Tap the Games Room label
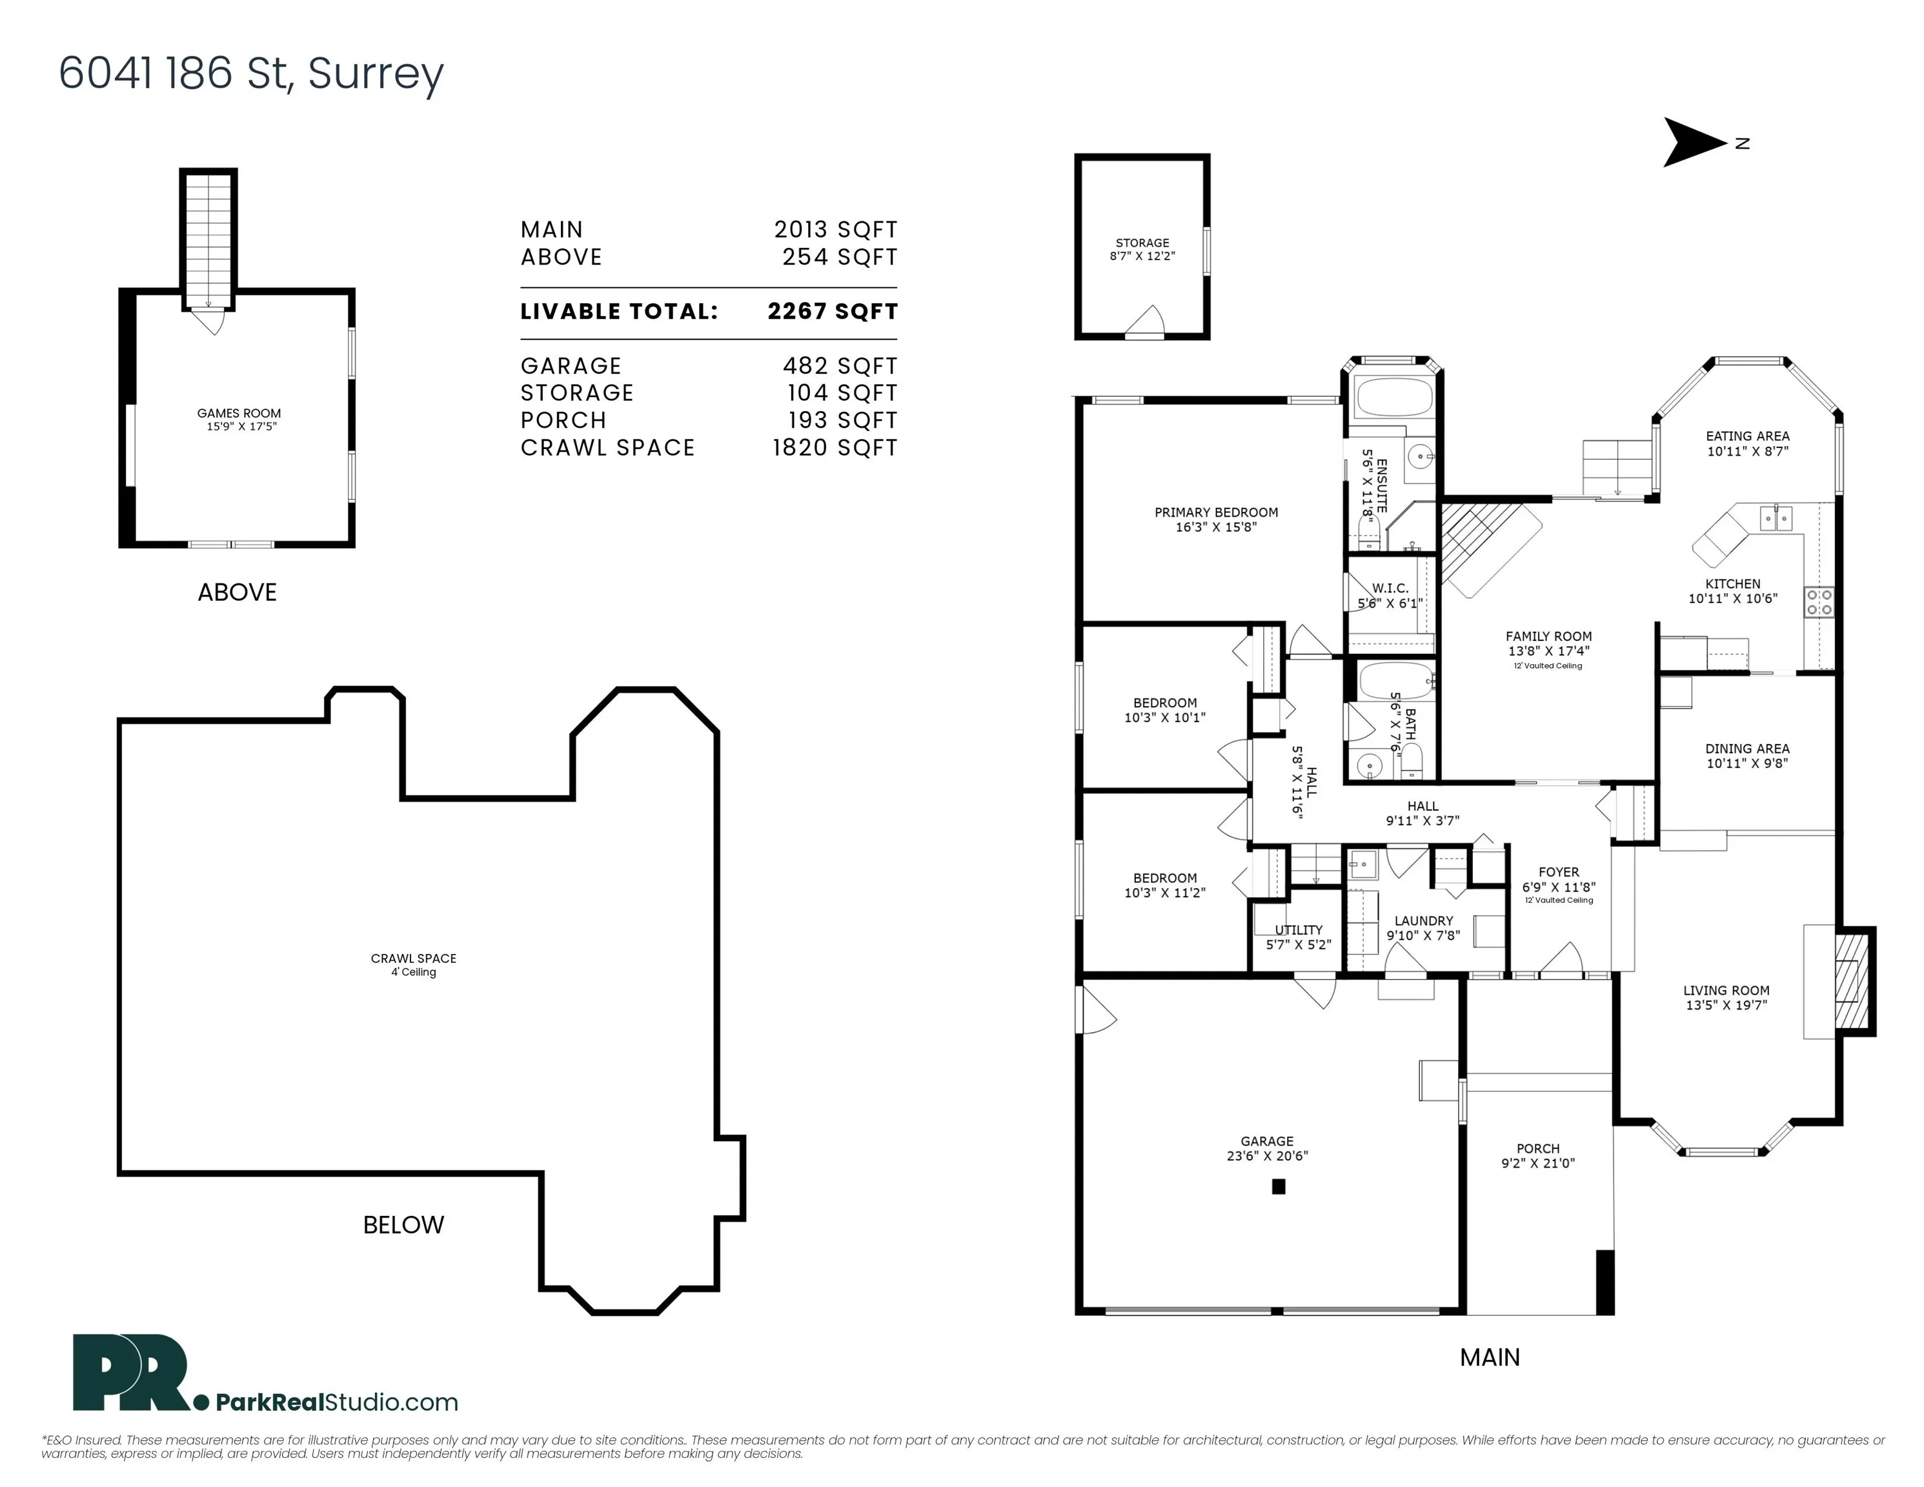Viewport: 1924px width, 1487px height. [239, 413]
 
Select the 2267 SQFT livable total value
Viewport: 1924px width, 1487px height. [833, 311]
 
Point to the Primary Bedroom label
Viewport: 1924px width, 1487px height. [1216, 512]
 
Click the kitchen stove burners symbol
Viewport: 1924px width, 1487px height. [1819, 603]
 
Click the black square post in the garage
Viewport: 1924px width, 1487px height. [1279, 1187]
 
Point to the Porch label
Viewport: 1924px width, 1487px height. [1538, 1149]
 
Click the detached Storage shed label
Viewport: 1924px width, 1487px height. [1142, 243]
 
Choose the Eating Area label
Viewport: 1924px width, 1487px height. [1748, 436]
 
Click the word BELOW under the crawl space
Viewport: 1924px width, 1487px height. [403, 1224]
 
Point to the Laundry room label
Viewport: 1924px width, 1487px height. [1424, 920]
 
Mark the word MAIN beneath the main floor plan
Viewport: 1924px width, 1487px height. [1490, 1357]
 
